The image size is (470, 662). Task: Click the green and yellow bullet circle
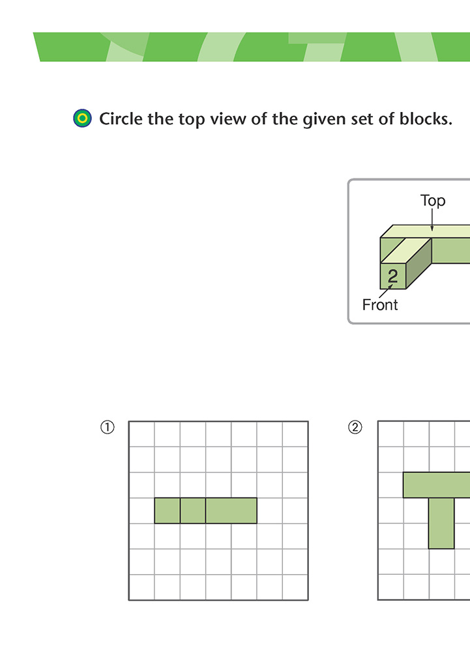[82, 118]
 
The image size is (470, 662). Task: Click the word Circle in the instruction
[121, 119]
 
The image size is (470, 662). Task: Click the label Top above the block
[433, 200]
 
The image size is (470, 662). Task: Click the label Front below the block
[380, 305]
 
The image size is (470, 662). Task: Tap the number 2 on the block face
[392, 276]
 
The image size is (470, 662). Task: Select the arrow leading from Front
[386, 291]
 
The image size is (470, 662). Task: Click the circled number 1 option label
[108, 427]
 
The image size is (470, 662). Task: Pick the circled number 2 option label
[355, 427]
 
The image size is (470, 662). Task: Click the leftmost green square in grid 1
[168, 511]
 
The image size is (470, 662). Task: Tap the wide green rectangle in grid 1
[231, 511]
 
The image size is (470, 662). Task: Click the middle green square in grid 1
[193, 511]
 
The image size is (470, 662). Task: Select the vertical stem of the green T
[441, 523]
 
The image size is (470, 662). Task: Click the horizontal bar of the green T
[437, 485]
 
